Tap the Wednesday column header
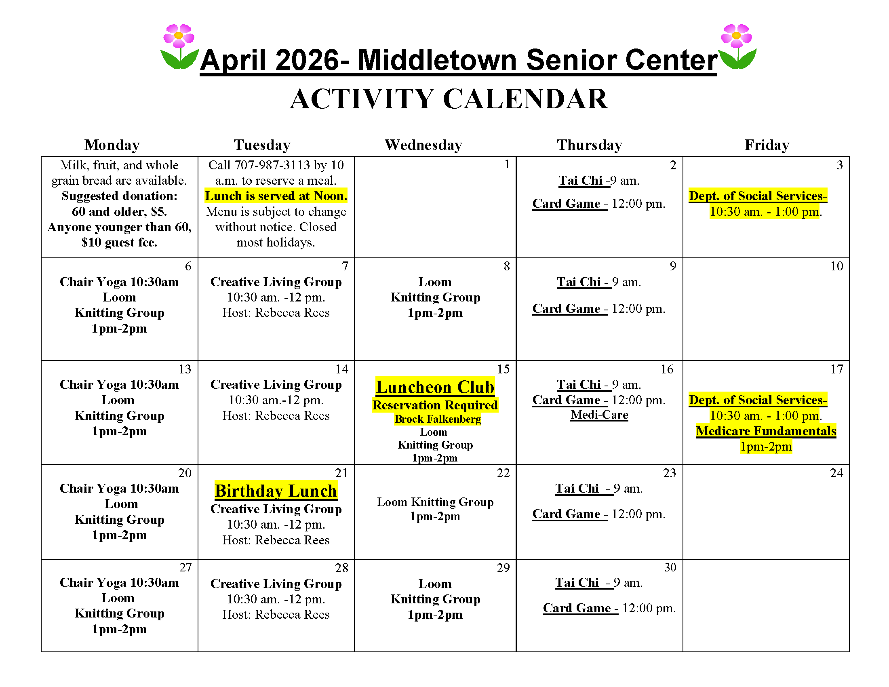423,145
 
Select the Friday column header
767,145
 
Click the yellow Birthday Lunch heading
276,491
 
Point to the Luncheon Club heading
435,387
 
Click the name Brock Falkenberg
438,419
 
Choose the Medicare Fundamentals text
766,431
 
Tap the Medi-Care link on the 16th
599,415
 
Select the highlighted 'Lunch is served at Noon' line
276,196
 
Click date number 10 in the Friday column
836,266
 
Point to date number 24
836,473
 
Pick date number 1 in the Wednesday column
507,164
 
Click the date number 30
670,567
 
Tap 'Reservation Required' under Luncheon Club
435,405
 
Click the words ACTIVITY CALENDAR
449,99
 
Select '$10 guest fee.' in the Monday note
119,242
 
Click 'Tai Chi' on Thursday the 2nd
580,180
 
